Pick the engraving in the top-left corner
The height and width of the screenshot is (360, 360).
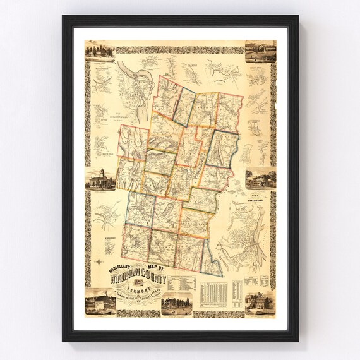pyautogui.click(x=99, y=50)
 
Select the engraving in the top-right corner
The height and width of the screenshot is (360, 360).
pyautogui.click(x=260, y=51)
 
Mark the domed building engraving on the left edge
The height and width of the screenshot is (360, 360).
pyautogui.click(x=100, y=179)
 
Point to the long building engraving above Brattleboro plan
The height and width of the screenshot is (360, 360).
pyautogui.click(x=260, y=179)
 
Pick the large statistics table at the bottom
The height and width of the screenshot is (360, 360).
pyautogui.click(x=214, y=294)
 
